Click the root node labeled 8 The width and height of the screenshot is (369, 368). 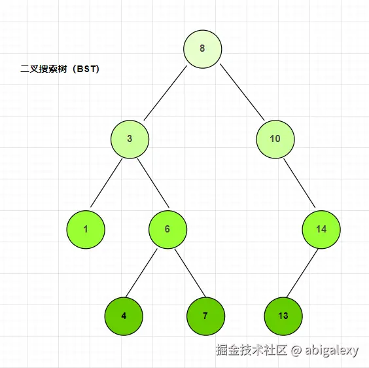(202, 48)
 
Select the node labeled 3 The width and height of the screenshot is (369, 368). (130, 139)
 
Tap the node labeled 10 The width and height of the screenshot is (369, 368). (275, 139)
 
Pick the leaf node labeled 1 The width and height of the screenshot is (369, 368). (86, 229)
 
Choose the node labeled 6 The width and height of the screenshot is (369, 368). (167, 229)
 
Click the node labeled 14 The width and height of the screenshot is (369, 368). (321, 229)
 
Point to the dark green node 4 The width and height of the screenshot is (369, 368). (124, 316)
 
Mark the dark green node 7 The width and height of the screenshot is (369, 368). (205, 316)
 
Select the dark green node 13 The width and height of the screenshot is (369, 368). (283, 316)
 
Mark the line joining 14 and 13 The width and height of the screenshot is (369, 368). (302, 272)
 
